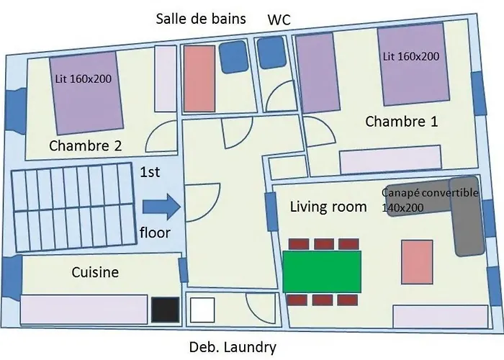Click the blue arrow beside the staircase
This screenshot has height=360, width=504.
click(161, 207)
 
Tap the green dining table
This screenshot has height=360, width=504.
click(322, 271)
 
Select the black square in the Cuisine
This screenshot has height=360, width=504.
click(164, 310)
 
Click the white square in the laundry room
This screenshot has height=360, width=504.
click(202, 310)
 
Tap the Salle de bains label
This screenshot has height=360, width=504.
click(201, 18)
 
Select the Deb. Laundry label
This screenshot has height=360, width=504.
click(232, 348)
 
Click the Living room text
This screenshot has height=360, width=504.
click(328, 207)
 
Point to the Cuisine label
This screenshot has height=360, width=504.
click(95, 273)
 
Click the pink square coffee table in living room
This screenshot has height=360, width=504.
click(416, 263)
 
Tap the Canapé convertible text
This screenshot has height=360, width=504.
click(430, 193)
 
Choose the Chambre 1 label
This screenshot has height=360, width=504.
click(401, 122)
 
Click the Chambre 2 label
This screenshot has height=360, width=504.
click(85, 146)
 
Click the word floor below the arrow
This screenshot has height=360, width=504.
click(154, 233)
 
